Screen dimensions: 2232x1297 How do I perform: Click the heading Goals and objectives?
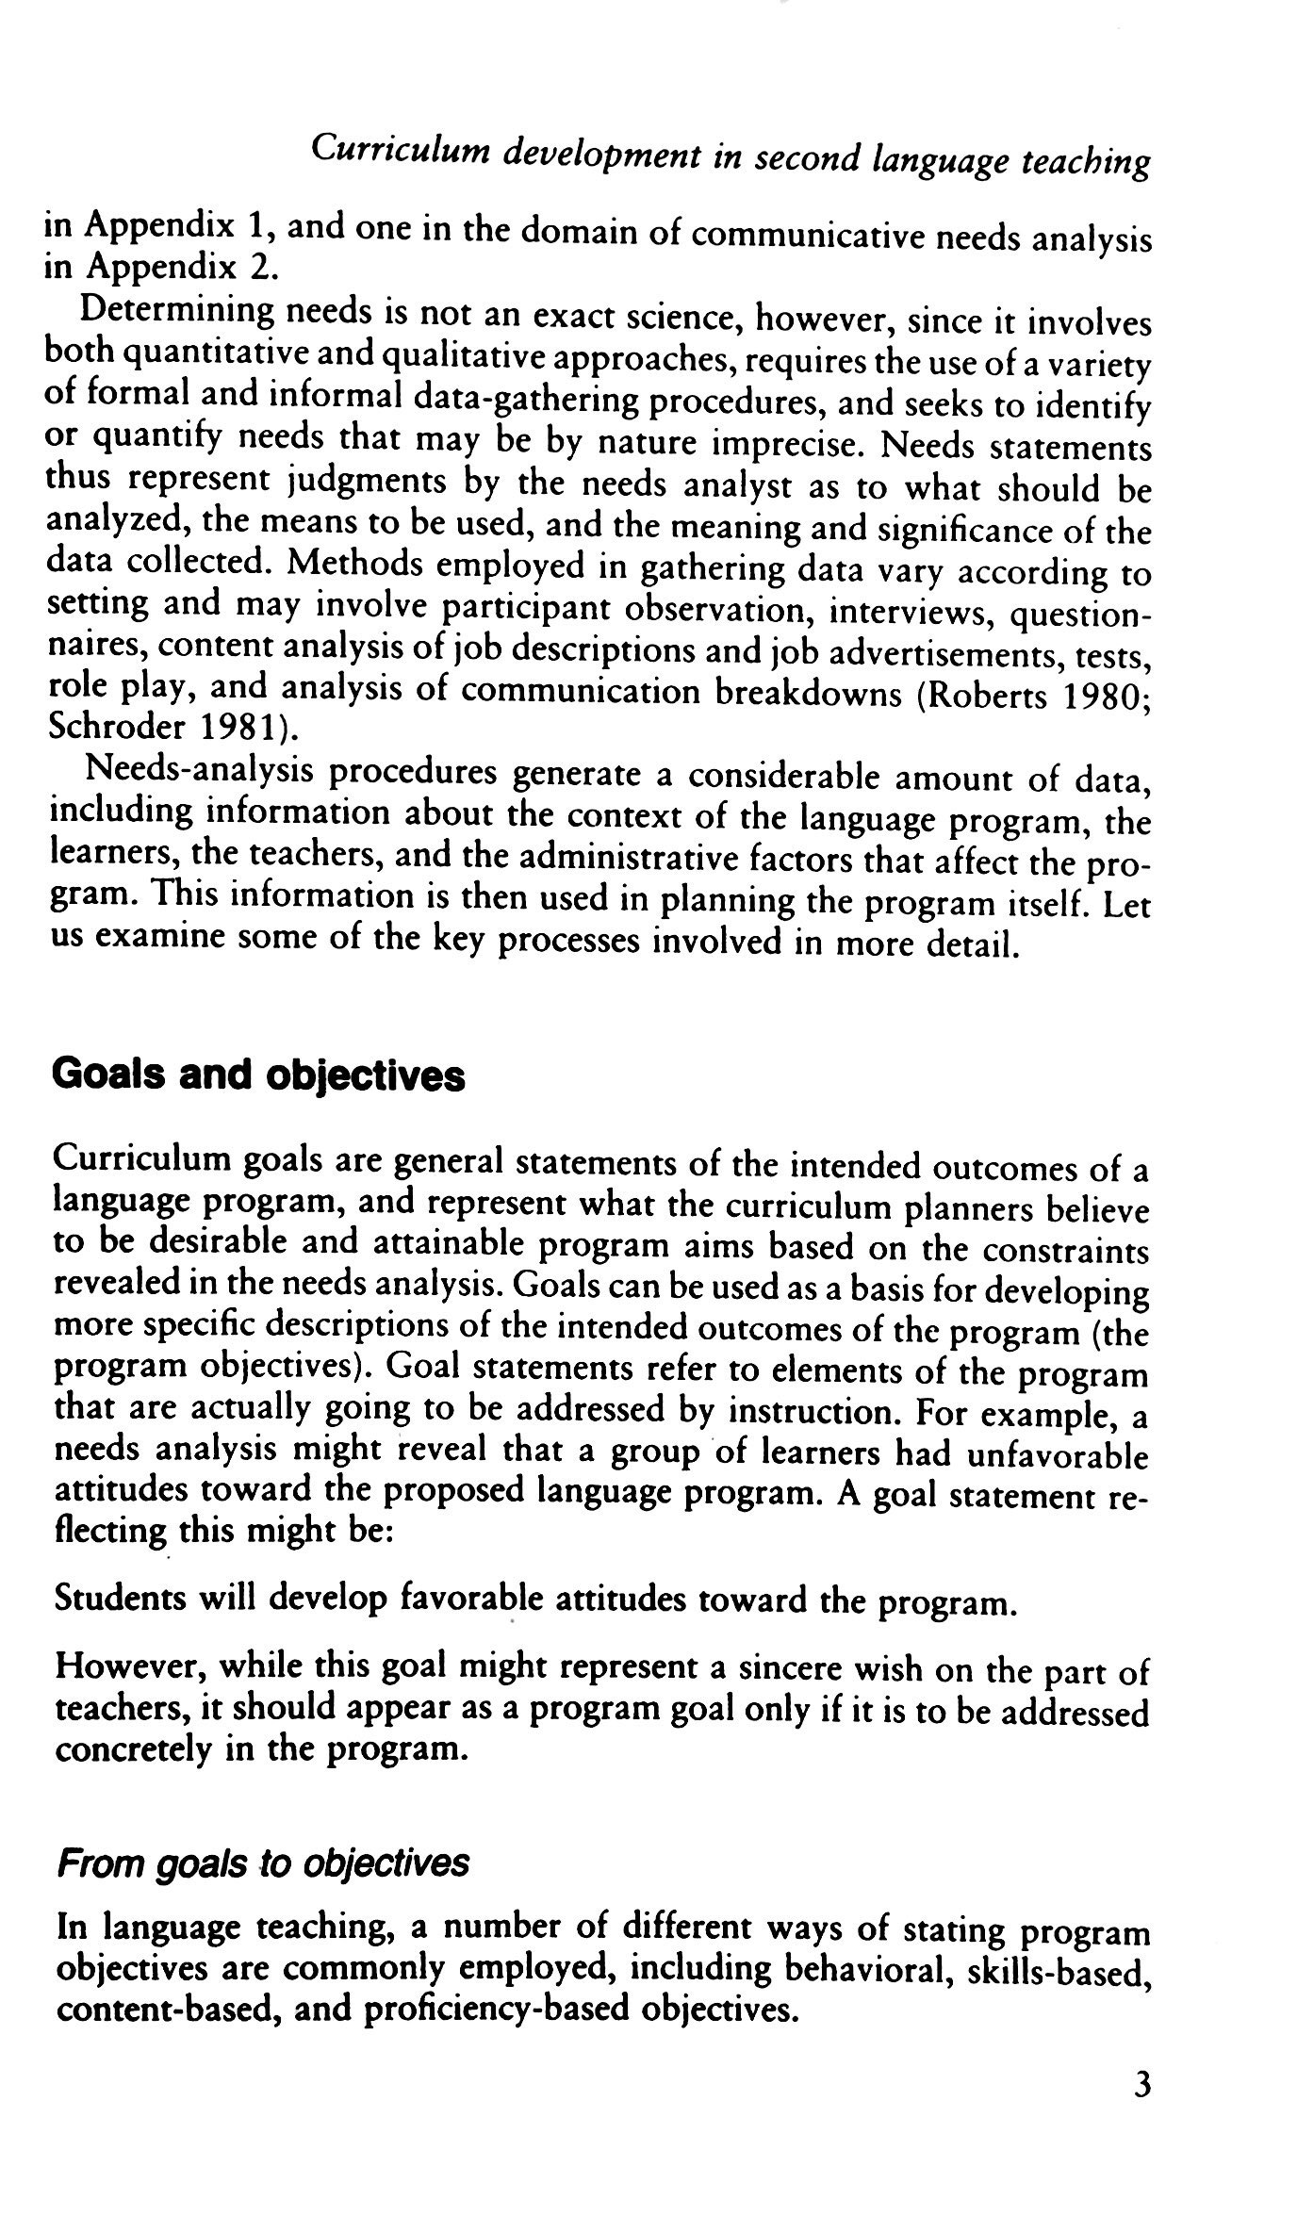pyautogui.click(x=259, y=1075)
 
